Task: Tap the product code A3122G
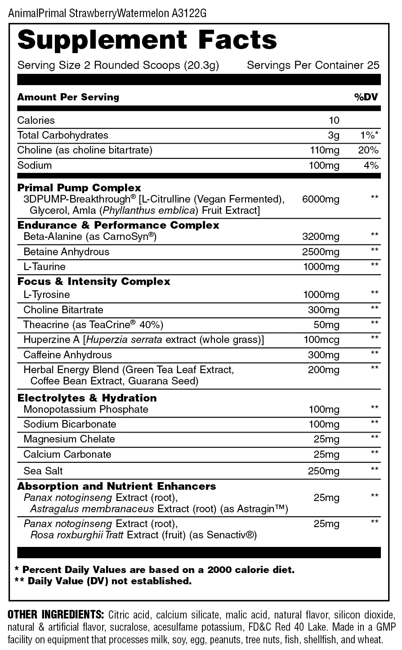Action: coord(189,13)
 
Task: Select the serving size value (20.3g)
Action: coord(201,65)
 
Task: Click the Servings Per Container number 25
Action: coord(373,65)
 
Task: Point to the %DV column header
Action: coord(366,97)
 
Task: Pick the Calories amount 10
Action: coord(334,120)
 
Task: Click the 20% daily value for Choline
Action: coord(368,150)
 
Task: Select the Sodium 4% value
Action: coord(371,165)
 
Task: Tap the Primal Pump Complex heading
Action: coord(79,188)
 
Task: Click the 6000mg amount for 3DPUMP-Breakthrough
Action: coord(321,199)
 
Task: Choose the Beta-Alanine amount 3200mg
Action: coord(321,236)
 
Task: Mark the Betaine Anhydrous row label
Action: coord(66,252)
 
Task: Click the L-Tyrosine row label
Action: coord(47,294)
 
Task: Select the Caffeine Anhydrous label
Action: coord(67,355)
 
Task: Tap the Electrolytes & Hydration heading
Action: coord(87,398)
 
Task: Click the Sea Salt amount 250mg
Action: coord(324,471)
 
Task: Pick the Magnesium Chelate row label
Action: coord(69,439)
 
